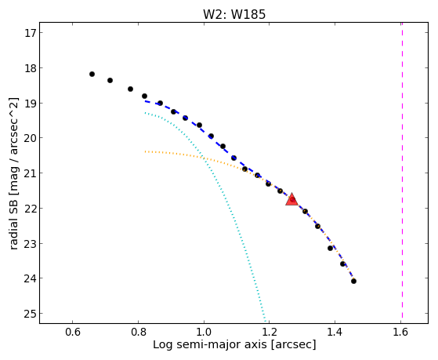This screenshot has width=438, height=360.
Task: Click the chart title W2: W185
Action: click(234, 14)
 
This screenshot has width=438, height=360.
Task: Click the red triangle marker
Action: click(292, 199)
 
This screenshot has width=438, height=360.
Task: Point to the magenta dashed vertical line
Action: click(402, 170)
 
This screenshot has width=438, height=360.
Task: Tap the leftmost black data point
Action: click(92, 75)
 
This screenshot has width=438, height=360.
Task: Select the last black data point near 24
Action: click(353, 281)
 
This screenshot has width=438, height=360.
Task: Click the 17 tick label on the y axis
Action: click(30, 33)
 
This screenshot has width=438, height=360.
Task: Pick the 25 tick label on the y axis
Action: click(30, 314)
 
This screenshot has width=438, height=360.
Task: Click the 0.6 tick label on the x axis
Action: click(73, 332)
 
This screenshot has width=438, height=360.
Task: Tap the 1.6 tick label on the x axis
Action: click(400, 332)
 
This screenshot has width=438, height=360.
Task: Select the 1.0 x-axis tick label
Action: click(204, 332)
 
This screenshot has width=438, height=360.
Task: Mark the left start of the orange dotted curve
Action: click(145, 151)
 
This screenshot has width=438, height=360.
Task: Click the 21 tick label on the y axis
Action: click(30, 173)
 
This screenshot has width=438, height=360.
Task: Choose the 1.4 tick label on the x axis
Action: click(335, 332)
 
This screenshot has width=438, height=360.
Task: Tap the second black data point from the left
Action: click(110, 80)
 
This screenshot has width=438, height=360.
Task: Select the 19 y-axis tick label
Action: click(30, 104)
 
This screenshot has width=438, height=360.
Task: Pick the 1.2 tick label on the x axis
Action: click(269, 332)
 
